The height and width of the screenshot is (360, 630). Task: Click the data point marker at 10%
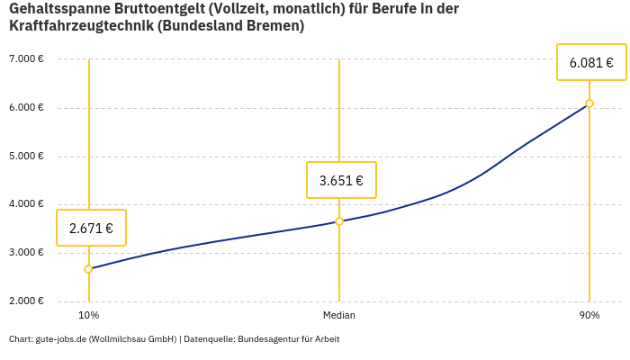pyautogui.click(x=88, y=269)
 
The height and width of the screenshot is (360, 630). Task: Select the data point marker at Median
pyautogui.click(x=339, y=221)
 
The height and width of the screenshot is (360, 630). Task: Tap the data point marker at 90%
pyautogui.click(x=589, y=103)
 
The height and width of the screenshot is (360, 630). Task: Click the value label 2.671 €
pyautogui.click(x=91, y=229)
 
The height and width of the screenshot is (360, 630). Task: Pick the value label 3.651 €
pyautogui.click(x=341, y=181)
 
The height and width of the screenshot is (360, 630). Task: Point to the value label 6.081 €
pyautogui.click(x=591, y=63)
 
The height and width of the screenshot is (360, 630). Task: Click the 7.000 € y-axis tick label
pyautogui.click(x=26, y=59)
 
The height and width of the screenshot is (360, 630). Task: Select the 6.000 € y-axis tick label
pyautogui.click(x=26, y=108)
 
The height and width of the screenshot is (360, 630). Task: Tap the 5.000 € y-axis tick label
pyautogui.click(x=26, y=156)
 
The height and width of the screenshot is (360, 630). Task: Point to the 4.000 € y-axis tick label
pyautogui.click(x=26, y=204)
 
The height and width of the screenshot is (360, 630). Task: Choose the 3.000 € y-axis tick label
pyautogui.click(x=26, y=253)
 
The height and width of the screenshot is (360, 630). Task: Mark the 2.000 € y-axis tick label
pyautogui.click(x=26, y=301)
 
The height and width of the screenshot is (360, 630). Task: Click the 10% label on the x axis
pyautogui.click(x=88, y=315)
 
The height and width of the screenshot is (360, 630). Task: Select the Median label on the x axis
pyautogui.click(x=339, y=315)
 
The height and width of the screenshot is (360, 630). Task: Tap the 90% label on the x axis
pyautogui.click(x=589, y=315)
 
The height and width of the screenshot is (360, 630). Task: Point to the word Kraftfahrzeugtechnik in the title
pyautogui.click(x=80, y=26)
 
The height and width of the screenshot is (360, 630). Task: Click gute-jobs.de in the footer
pyautogui.click(x=60, y=339)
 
